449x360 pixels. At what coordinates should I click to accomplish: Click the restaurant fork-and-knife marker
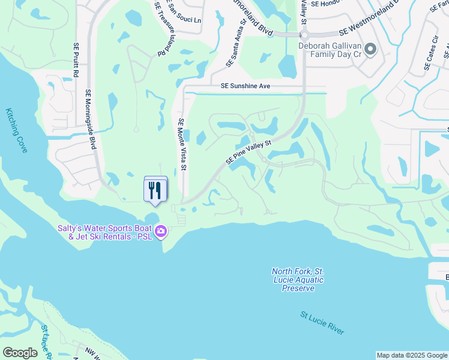coord(155,190)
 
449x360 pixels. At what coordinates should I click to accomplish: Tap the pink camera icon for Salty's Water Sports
coord(160,232)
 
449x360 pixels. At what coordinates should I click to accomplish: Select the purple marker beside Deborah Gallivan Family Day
coord(370,49)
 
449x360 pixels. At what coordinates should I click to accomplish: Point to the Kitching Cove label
coord(17,130)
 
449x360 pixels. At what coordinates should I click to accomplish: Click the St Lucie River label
coord(322,323)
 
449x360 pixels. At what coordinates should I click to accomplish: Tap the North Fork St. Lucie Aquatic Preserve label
coord(297,280)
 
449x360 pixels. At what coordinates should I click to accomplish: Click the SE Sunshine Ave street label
coord(245,86)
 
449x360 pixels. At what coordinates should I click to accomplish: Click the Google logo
coord(20,353)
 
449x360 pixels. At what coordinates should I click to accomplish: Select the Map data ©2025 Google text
coord(412,355)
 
